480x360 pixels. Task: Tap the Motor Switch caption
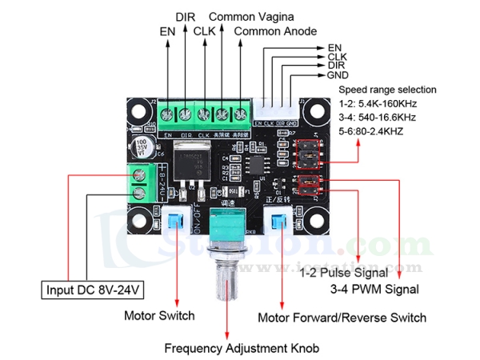coord(159,314)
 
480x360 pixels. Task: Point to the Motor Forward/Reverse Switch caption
coord(342,318)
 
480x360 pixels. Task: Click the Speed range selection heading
coord(388,90)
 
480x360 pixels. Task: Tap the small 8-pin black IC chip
coord(257,166)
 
